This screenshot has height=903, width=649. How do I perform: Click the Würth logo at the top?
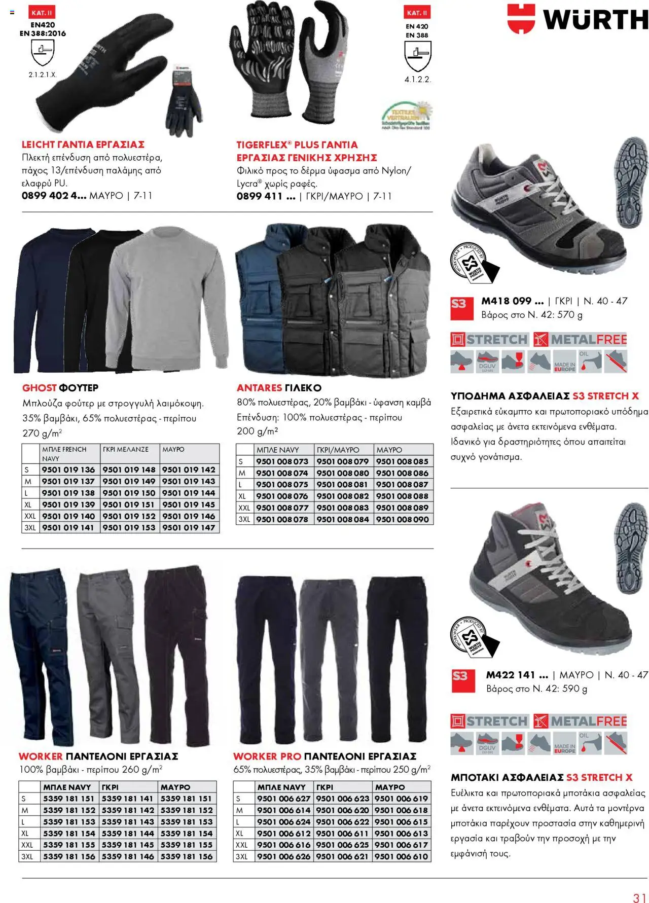(x=578, y=19)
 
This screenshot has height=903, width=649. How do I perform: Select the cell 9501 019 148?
(x=129, y=470)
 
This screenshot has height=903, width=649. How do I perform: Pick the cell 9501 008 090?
(x=403, y=519)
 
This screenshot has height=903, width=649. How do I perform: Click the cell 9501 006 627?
(x=283, y=799)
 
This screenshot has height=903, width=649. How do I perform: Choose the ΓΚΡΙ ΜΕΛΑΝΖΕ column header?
(x=126, y=450)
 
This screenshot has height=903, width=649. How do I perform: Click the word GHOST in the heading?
(x=39, y=388)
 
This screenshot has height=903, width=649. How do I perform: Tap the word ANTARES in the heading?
(x=259, y=388)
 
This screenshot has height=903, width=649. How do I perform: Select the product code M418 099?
(x=512, y=301)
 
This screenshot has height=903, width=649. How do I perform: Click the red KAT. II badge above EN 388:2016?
(x=42, y=13)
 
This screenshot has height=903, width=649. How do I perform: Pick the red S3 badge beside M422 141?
(x=460, y=676)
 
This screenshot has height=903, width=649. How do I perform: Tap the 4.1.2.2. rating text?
(x=417, y=80)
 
